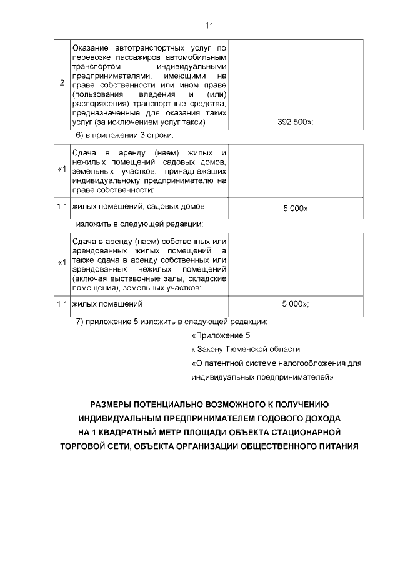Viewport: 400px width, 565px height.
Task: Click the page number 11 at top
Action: point(209,26)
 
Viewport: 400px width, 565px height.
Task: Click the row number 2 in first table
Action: point(61,84)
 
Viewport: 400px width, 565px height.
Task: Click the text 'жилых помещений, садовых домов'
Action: point(138,205)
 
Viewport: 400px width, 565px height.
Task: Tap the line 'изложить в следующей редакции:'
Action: point(139,224)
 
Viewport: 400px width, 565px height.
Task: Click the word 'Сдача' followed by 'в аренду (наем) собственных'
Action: point(85,242)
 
